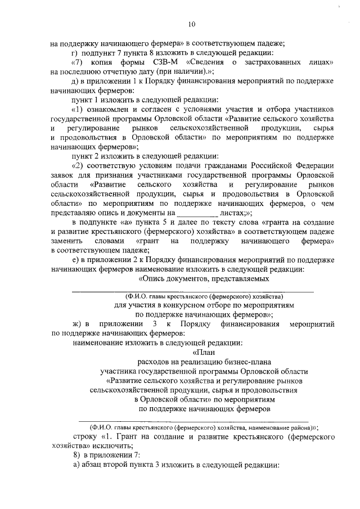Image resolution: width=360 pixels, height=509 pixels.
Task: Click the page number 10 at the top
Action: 192,24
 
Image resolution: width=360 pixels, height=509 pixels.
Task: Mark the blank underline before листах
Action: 197,213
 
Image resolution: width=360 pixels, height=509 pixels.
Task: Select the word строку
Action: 86,436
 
